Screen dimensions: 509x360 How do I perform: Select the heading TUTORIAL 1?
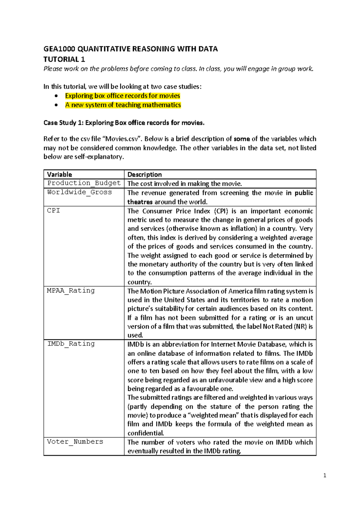[x=64, y=59]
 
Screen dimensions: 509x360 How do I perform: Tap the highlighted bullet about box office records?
[x=122, y=96]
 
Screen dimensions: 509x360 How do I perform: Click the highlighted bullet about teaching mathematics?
[x=123, y=105]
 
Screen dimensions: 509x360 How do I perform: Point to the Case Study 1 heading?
[x=124, y=123]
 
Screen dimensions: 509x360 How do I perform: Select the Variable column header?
[x=59, y=174]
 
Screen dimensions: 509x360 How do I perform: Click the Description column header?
[x=145, y=174]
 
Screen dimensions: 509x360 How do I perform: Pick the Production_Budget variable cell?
[x=84, y=183]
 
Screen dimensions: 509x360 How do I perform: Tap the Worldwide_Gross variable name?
[x=79, y=192]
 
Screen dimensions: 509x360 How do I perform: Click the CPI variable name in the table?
[x=53, y=210]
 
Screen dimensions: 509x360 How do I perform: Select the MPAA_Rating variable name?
[x=71, y=291]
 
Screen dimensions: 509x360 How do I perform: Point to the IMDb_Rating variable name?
[x=71, y=344]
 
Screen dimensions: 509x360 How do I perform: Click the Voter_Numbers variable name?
[x=75, y=441]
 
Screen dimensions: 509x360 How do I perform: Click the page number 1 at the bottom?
[x=325, y=475]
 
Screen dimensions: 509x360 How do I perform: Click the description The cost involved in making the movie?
[x=184, y=184]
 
